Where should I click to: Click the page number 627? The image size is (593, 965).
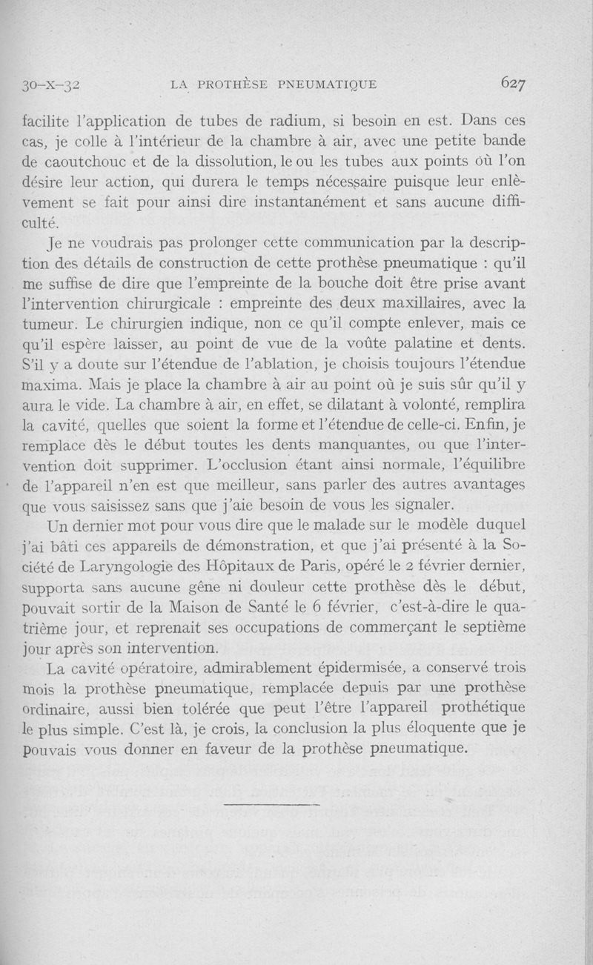513,84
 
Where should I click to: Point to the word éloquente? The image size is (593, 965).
437,727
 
